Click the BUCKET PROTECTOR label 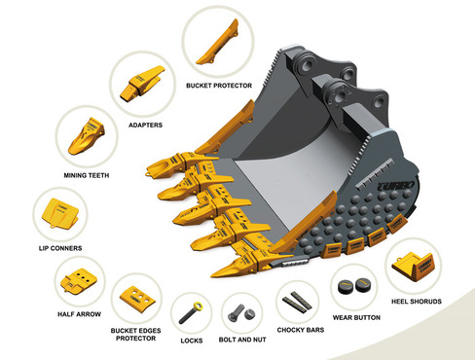click(219, 86)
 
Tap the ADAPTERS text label click(145, 126)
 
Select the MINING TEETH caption click(87, 175)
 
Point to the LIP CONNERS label click(60, 248)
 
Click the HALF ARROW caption click(79, 314)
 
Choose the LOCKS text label click(192, 341)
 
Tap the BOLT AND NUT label click(242, 340)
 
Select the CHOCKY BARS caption click(301, 330)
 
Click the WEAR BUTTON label click(356, 317)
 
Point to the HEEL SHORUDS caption click(417, 302)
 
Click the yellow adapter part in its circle click(141, 83)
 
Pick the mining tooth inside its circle click(86, 136)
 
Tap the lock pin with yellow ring click(191, 313)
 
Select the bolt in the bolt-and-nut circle click(237, 313)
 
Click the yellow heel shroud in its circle click(413, 266)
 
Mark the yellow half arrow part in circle click(78, 281)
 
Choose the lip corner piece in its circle click(60, 213)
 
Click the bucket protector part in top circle click(218, 42)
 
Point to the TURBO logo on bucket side click(396, 186)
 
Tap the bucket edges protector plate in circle click(137, 299)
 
